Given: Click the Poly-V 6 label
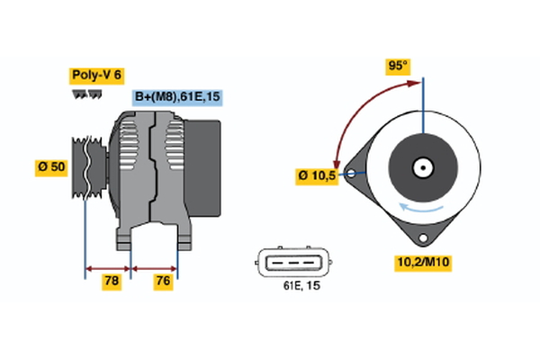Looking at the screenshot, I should pyautogui.click(x=95, y=76).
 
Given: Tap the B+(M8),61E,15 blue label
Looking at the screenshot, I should pyautogui.click(x=176, y=97).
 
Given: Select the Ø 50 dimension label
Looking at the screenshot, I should pyautogui.click(x=50, y=168).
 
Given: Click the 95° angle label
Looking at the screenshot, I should pyautogui.click(x=397, y=67).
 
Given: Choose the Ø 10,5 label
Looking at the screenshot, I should pyautogui.click(x=316, y=175).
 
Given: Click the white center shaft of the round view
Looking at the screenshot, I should pyautogui.click(x=421, y=166).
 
